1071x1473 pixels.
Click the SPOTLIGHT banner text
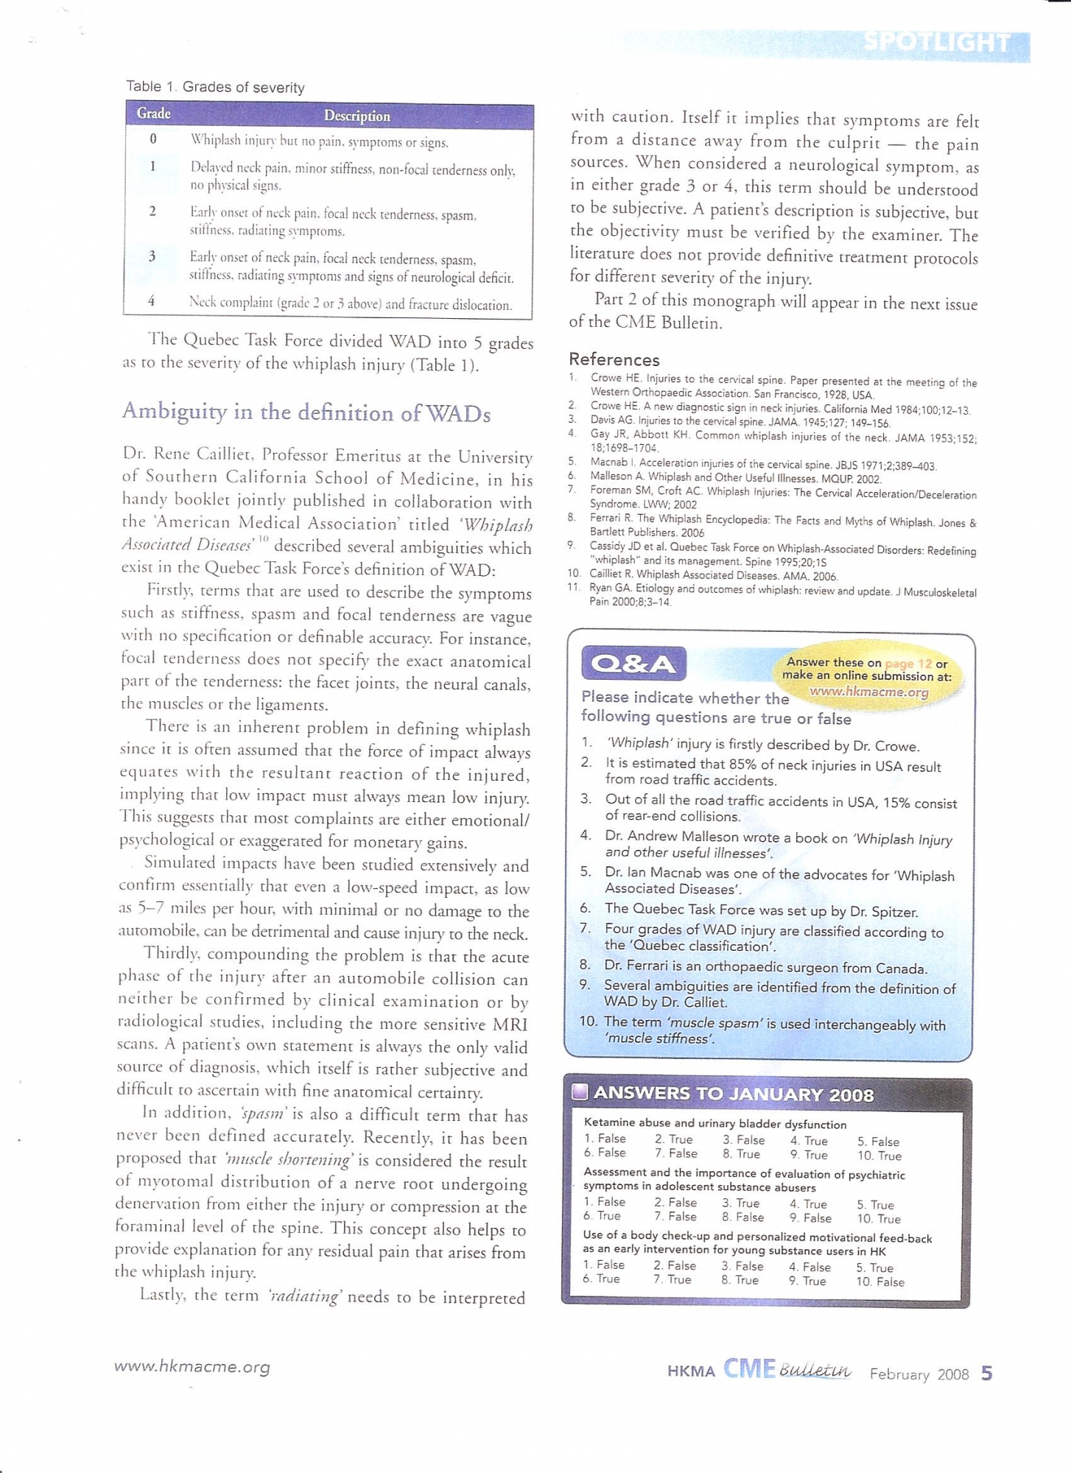[936, 42]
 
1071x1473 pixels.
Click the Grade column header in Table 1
[153, 113]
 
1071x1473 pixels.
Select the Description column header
[357, 116]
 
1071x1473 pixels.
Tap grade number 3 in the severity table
[152, 256]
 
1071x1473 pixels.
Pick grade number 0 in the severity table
[153, 138]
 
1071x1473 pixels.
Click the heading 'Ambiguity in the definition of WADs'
[306, 412]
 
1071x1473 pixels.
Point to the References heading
[614, 359]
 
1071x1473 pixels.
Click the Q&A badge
[633, 664]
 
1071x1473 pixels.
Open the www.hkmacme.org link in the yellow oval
[868, 692]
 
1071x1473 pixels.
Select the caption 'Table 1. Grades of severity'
[215, 87]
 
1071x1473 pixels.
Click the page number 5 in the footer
[987, 1373]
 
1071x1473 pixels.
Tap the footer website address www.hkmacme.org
[192, 1366]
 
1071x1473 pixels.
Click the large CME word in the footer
[749, 1369]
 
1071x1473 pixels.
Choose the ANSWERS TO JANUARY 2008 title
[733, 1094]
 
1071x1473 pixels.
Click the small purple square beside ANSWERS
[580, 1091]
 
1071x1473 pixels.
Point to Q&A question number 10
[588, 1022]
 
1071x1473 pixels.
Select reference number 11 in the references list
[574, 588]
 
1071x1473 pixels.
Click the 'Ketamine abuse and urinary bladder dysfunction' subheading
[714, 1124]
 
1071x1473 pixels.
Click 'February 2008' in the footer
[919, 1374]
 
